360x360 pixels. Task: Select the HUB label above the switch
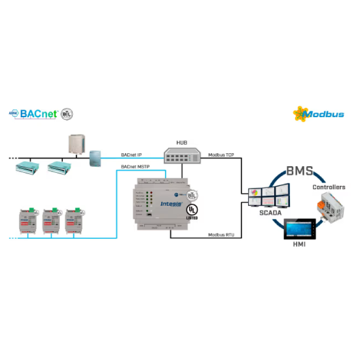point(181,142)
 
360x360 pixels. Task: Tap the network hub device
point(181,154)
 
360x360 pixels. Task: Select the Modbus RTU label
point(222,234)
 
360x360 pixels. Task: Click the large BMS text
point(300,173)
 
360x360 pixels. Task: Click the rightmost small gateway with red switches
point(75,219)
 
